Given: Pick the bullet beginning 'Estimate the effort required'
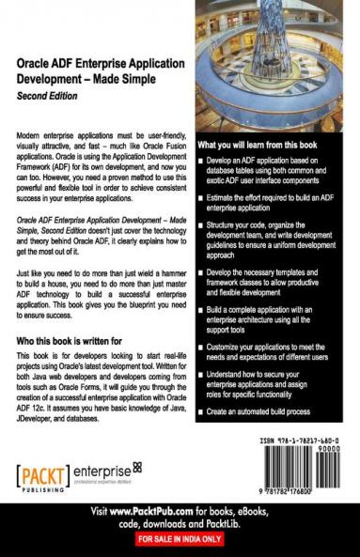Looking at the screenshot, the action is pyautogui.click(x=273, y=202).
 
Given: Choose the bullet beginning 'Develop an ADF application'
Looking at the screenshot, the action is pyautogui.click(x=273, y=172).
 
